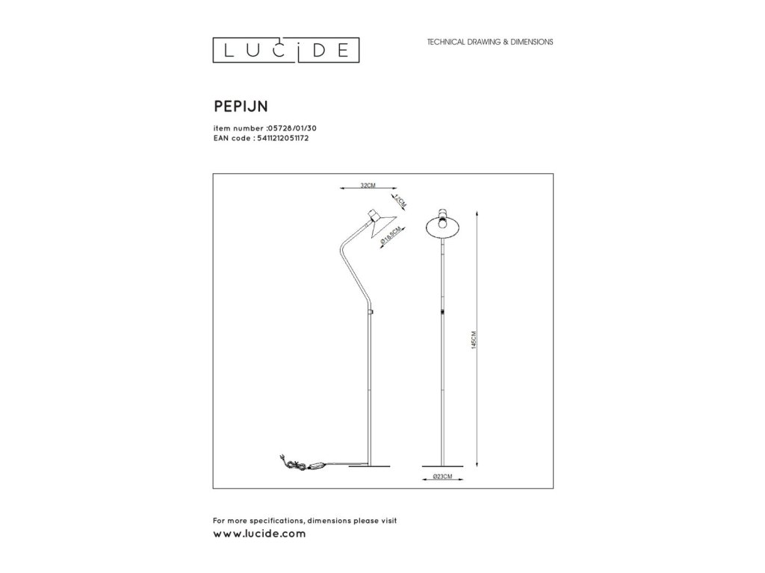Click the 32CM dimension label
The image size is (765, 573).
pyautogui.click(x=366, y=184)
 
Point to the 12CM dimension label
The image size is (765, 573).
pyautogui.click(x=400, y=201)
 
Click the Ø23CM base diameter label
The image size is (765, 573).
pyautogui.click(x=443, y=477)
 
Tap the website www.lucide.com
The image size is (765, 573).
pyautogui.click(x=259, y=534)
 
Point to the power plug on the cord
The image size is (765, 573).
pyautogui.click(x=281, y=457)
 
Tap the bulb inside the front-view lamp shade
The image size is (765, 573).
pyautogui.click(x=443, y=222)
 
